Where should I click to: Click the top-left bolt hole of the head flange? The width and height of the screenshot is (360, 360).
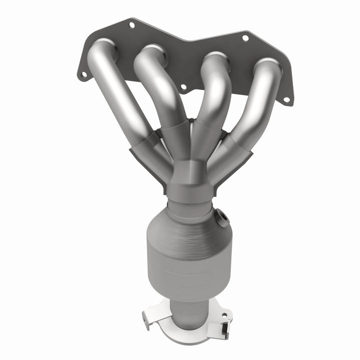click(131, 24)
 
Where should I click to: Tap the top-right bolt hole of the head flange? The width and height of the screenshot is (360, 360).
click(245, 37)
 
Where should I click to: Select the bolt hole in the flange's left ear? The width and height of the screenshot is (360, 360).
click(83, 74)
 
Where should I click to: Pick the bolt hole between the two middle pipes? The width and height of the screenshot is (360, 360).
click(183, 87)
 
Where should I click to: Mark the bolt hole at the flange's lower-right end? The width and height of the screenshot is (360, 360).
click(286, 99)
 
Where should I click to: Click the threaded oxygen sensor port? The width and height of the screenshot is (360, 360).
click(221, 216)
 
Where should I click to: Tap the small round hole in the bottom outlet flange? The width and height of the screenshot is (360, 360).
click(224, 316)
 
